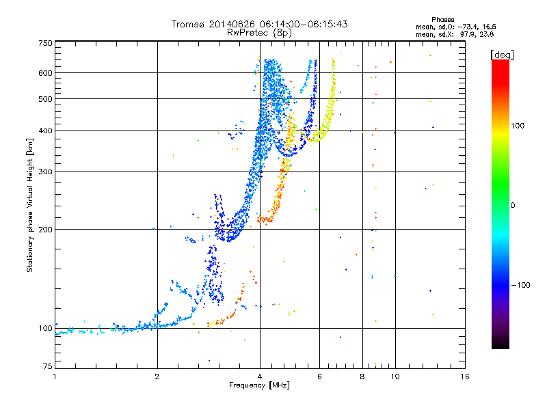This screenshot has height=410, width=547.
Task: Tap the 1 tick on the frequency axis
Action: point(55,377)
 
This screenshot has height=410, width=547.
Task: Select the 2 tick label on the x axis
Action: point(157,377)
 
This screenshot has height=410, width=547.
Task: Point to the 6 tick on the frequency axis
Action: point(320,377)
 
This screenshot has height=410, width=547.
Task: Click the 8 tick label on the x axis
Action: point(362,377)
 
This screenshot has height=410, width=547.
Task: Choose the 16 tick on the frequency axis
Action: point(464,377)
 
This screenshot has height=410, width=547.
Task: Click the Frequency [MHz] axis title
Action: point(260,385)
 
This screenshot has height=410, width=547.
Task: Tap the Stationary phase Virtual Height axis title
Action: point(30,205)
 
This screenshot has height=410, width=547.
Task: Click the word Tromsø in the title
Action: point(189,24)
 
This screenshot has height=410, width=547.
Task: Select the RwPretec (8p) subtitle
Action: point(260,32)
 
